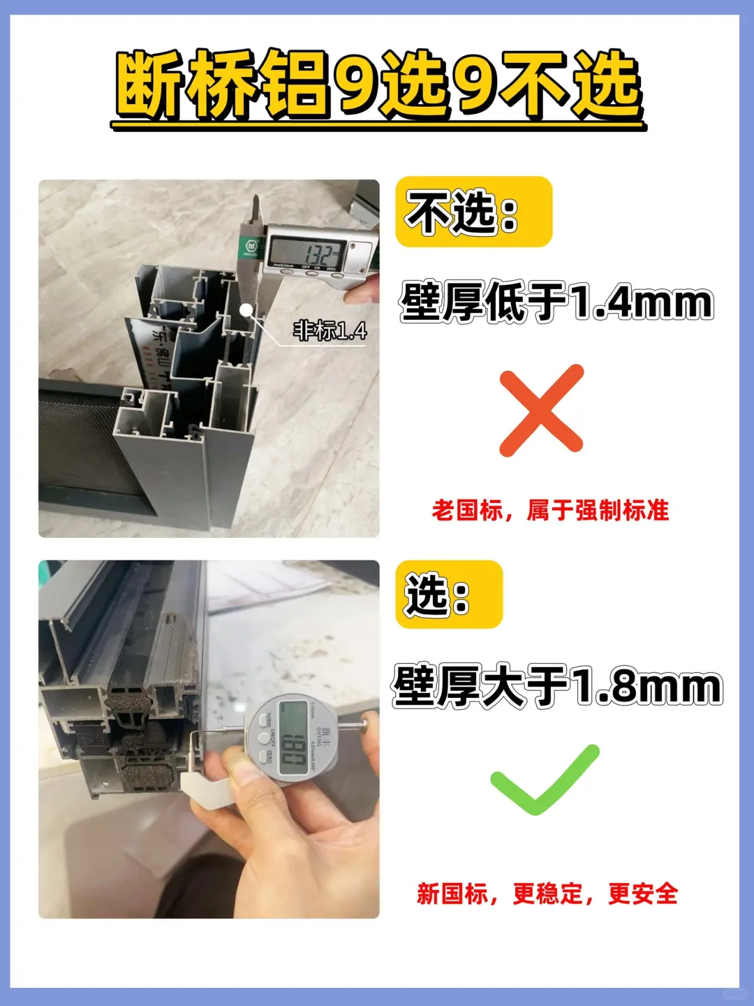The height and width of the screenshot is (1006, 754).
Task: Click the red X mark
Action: click(x=541, y=410)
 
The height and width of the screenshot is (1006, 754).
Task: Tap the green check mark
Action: click(x=544, y=780)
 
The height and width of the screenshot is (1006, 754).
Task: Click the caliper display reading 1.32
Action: click(x=307, y=252)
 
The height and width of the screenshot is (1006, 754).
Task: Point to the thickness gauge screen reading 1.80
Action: click(x=293, y=738)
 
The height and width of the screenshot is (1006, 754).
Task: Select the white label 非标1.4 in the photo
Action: click(x=330, y=330)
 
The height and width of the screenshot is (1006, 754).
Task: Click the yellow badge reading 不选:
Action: click(x=473, y=212)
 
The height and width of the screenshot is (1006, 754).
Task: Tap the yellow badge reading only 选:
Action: click(x=448, y=595)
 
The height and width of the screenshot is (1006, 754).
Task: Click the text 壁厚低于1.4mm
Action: click(x=556, y=302)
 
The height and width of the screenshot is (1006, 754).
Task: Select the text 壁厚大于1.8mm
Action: click(x=556, y=686)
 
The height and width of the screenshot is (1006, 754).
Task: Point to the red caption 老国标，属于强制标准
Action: click(x=550, y=511)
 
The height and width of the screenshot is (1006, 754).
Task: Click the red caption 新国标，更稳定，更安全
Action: click(x=547, y=894)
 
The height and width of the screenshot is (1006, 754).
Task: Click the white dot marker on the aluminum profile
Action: click(x=246, y=308)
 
